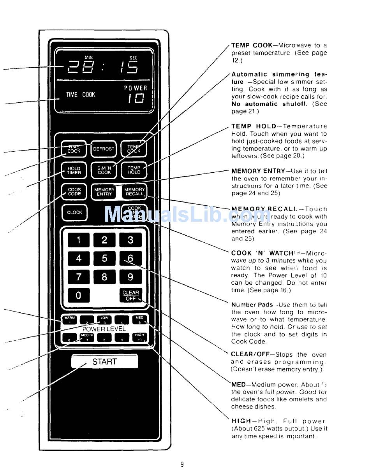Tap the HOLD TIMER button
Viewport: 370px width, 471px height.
coord(74,170)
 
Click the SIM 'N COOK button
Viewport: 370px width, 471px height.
coord(104,170)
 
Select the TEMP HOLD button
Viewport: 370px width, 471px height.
coord(134,170)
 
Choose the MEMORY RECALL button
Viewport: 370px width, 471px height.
coord(134,192)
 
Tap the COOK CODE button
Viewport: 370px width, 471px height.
coord(74,192)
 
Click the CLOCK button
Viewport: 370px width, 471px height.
coord(74,212)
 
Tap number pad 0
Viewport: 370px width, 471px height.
coord(78,295)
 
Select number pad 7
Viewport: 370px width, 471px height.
coord(78,277)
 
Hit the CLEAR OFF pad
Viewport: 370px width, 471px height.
coord(130,296)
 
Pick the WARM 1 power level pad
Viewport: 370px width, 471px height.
coord(69,320)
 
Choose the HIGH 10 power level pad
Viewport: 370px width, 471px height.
coord(139,337)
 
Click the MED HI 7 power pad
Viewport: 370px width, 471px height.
coord(86,337)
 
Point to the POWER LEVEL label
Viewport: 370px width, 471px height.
coord(104,329)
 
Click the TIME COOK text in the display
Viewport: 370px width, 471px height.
coord(81,95)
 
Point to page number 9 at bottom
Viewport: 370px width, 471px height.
coord(182,464)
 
